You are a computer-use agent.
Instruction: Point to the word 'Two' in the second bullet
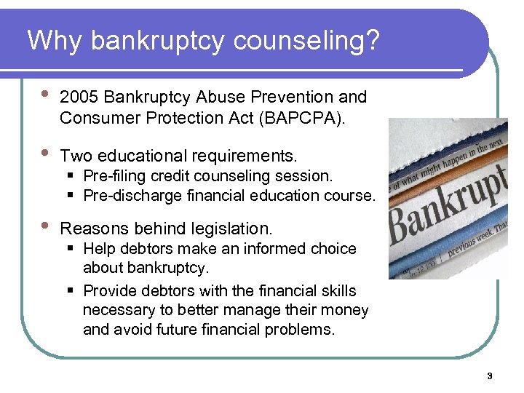coord(76,156)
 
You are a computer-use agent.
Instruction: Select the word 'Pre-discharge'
coord(128,196)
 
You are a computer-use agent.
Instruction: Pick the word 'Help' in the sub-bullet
coord(99,249)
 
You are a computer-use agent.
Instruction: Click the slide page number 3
coord(489,376)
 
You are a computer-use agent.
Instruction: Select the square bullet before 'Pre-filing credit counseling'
coord(73,176)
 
